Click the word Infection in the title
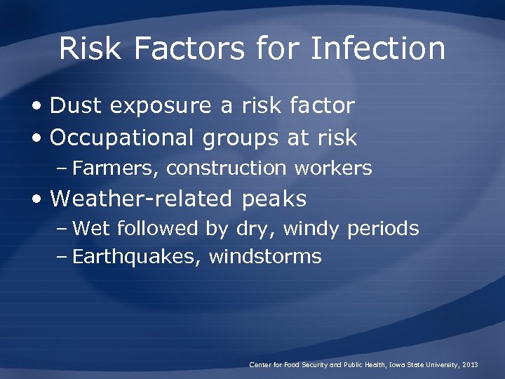pos(377,49)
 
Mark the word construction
pos(227,168)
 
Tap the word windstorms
pos(265,257)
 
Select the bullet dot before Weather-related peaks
pos(36,200)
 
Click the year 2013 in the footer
pos(471,365)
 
